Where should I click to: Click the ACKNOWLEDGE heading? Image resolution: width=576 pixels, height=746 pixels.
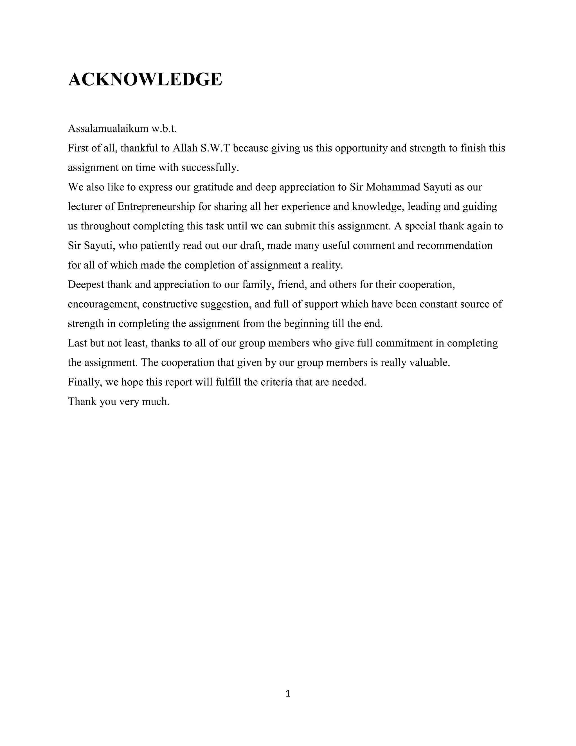tap(145, 79)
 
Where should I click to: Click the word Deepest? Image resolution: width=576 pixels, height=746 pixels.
tap(86, 285)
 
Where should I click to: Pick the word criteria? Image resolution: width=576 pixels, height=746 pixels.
tap(276, 382)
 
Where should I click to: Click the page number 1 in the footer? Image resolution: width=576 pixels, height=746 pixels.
tap(288, 693)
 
